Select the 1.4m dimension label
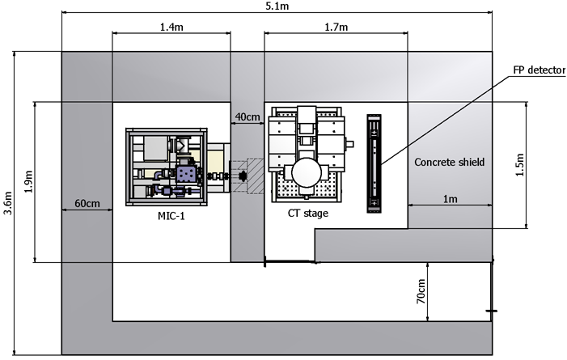pyautogui.click(x=170, y=28)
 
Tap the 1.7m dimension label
pyautogui.click(x=336, y=28)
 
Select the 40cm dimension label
pyautogui.click(x=247, y=116)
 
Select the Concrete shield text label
pyautogui.click(x=449, y=163)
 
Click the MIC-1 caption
pyautogui.click(x=171, y=216)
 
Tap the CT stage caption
pyautogui.click(x=308, y=214)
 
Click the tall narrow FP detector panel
pyautogui.click(x=374, y=163)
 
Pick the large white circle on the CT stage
pyautogui.click(x=307, y=171)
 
